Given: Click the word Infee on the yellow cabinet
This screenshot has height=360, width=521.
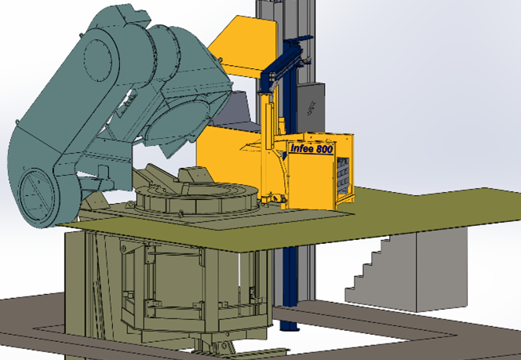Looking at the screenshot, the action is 302,148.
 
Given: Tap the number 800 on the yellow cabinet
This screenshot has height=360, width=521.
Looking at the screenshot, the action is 324,150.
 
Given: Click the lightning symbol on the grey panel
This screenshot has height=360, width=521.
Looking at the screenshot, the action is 312,108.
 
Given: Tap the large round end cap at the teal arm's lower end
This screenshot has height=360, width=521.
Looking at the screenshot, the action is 37,195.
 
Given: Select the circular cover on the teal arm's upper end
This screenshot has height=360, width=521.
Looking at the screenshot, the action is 97,60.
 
